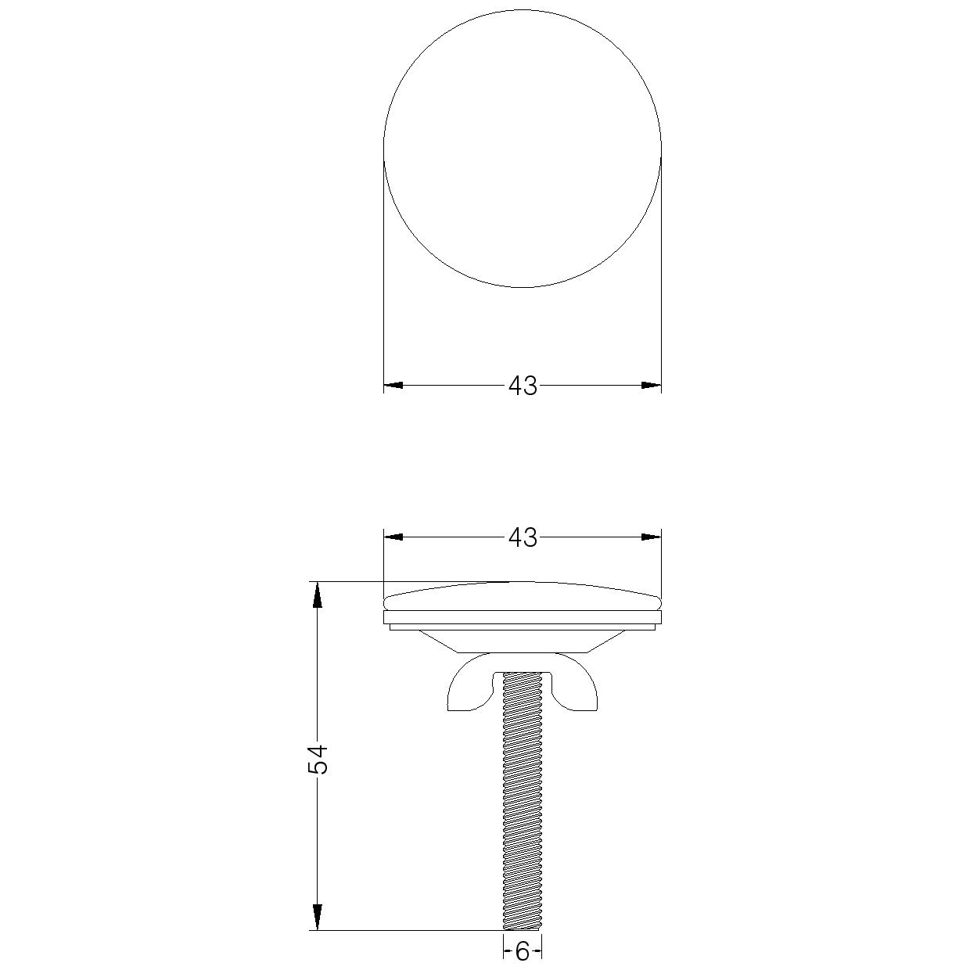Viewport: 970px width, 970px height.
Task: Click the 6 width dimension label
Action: coord(522,951)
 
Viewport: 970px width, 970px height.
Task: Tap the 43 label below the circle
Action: coord(523,386)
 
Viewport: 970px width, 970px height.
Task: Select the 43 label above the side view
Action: coord(523,538)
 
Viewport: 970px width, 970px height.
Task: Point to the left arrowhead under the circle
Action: coord(393,386)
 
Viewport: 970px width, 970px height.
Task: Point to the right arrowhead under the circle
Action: coord(651,386)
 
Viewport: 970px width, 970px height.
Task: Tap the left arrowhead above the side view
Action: coord(393,537)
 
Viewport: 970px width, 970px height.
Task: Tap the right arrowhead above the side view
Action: coord(651,537)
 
